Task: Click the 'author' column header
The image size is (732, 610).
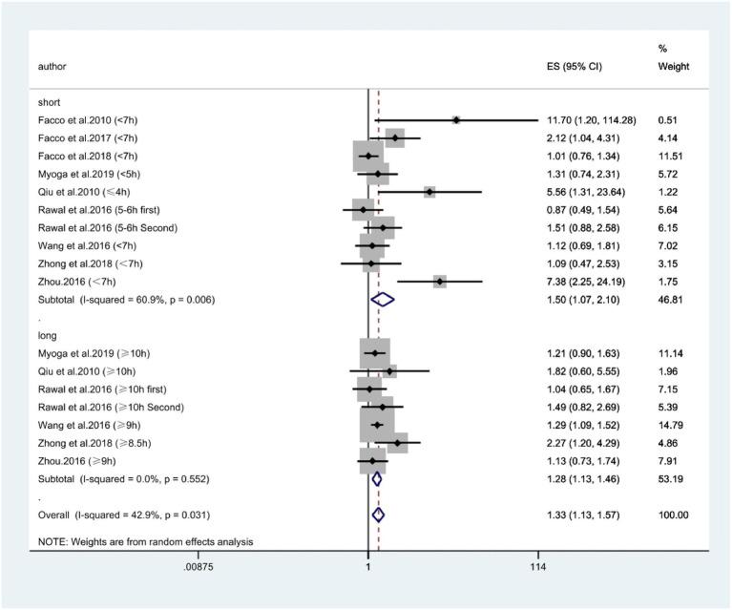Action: click(x=52, y=67)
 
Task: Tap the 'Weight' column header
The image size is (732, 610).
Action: click(x=674, y=67)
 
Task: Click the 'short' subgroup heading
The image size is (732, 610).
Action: click(x=50, y=102)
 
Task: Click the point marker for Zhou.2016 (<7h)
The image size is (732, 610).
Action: click(x=439, y=282)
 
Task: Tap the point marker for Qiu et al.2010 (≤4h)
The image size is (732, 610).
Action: click(x=429, y=192)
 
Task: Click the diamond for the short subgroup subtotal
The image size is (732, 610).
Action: click(x=382, y=300)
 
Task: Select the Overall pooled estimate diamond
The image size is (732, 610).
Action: click(x=377, y=515)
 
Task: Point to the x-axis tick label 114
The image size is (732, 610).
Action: click(x=537, y=569)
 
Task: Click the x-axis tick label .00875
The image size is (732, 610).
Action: click(x=199, y=569)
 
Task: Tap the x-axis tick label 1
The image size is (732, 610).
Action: click(x=368, y=569)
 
